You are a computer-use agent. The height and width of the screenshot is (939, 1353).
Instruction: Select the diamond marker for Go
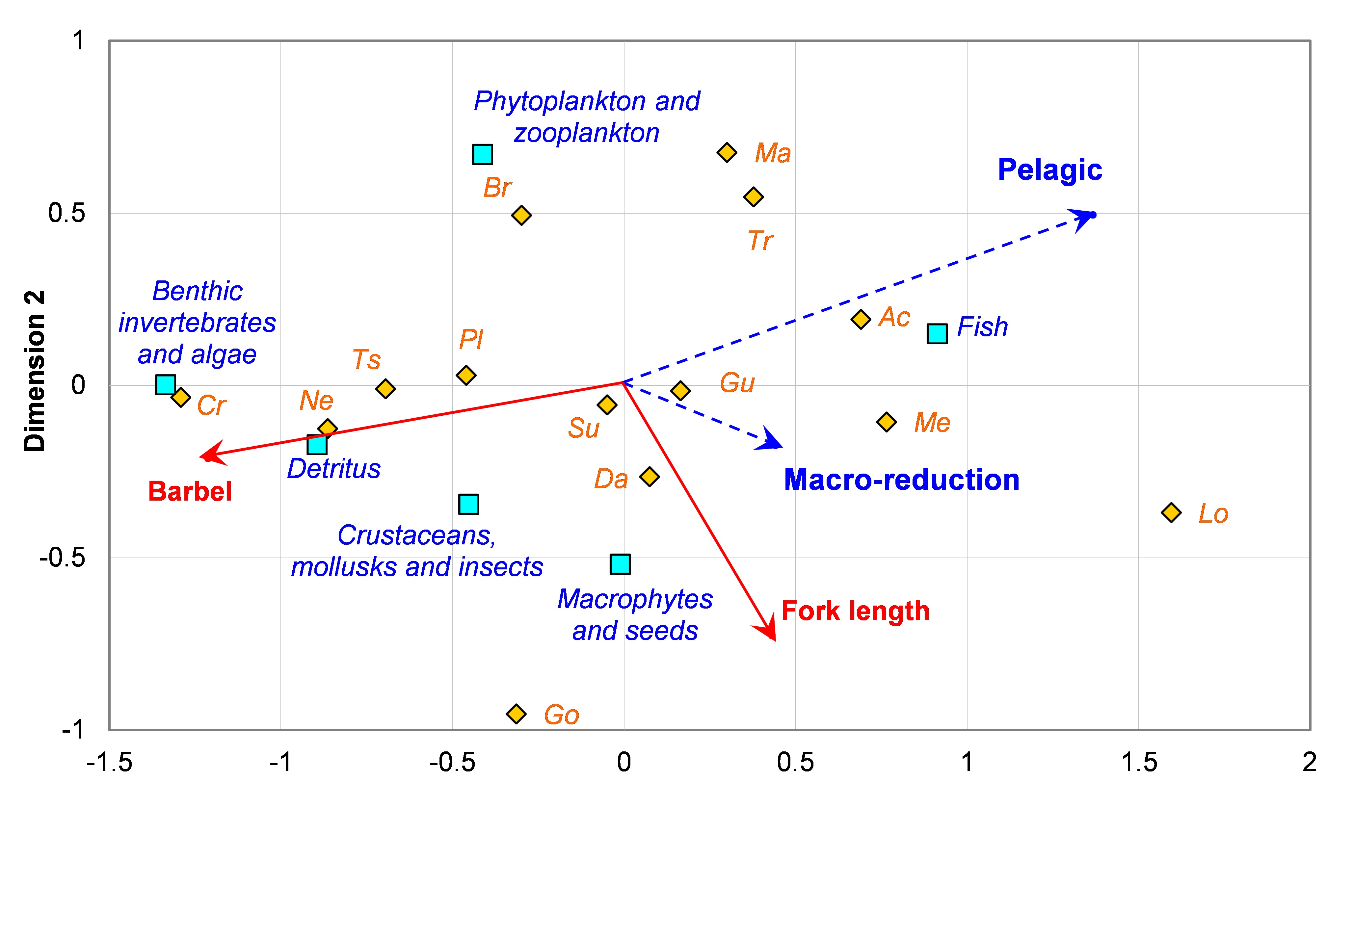(516, 714)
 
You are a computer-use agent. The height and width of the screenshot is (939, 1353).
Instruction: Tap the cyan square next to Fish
(937, 334)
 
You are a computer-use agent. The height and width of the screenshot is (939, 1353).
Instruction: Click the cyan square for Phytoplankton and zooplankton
(483, 154)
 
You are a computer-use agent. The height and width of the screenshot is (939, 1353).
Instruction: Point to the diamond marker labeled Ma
(727, 152)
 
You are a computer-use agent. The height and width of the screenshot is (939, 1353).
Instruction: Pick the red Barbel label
(190, 491)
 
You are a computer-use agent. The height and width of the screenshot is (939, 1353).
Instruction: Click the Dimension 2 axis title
(34, 371)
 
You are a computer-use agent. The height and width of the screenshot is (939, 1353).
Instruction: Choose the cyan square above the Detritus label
(317, 444)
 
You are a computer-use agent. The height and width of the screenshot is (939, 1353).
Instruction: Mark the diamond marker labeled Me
(886, 422)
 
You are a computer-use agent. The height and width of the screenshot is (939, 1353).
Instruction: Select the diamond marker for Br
(521, 215)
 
